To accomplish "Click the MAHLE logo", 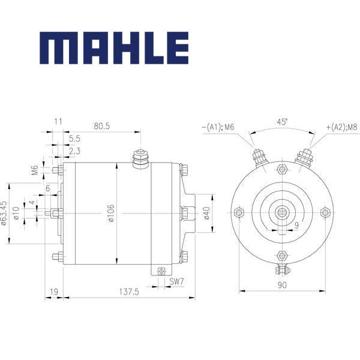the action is point(114,48).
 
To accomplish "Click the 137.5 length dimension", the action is point(129,292).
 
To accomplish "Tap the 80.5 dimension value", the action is point(102,126).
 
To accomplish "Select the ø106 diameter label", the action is point(111,213).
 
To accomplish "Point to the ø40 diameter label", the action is point(207,213).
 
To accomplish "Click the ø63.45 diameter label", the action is point(4,213).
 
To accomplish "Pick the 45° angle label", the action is point(282,122).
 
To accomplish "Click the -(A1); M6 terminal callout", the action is point(218,127).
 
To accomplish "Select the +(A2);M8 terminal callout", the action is point(342,127).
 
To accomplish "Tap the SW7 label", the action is point(177,281).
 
